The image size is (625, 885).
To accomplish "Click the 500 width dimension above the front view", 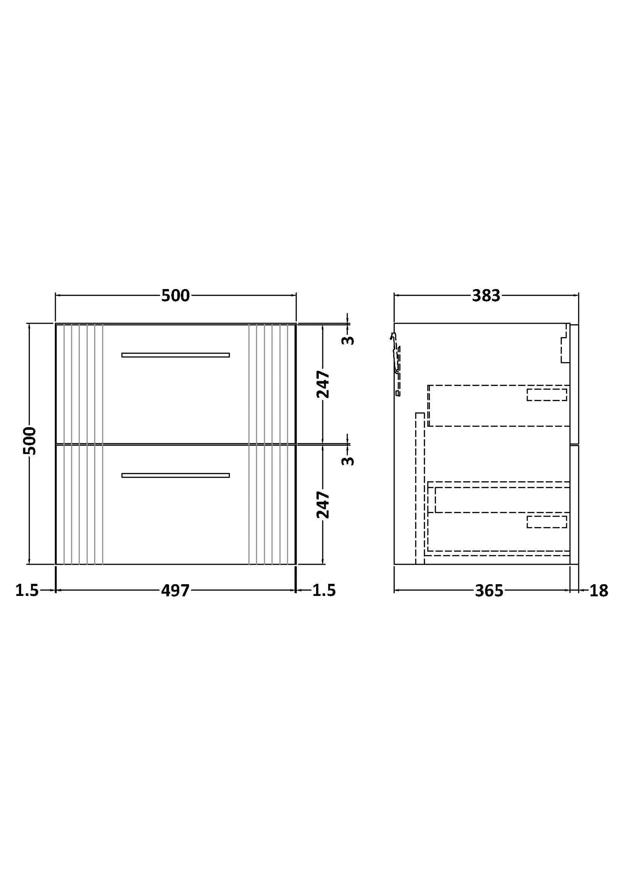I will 176,296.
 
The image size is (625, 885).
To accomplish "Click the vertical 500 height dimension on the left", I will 29,441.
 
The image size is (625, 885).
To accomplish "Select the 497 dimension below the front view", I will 176,590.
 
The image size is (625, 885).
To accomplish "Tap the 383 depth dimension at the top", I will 486,296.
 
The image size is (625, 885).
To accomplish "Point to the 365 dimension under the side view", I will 489,590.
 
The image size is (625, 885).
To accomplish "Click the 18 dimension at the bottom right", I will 599,590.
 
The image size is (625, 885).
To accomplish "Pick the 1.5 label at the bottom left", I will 27,590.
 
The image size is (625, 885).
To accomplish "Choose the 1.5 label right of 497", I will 324,590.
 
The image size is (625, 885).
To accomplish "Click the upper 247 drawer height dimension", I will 323,384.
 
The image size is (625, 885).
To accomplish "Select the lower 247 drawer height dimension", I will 323,504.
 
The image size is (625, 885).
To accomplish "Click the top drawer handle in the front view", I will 176,355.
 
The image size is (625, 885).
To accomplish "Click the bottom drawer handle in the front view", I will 176,475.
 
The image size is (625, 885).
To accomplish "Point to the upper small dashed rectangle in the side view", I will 547,395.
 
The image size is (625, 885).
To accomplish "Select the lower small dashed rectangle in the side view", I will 547,521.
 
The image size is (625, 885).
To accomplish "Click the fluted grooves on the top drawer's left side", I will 79,383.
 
